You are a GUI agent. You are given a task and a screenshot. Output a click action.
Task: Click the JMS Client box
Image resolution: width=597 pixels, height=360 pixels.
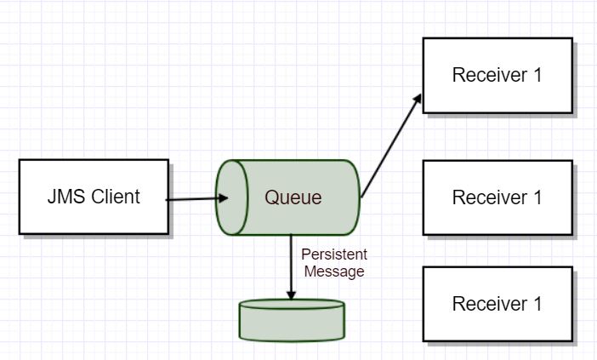pyautogui.click(x=94, y=197)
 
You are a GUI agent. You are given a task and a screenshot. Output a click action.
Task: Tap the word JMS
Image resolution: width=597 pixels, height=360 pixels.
pyautogui.click(x=65, y=197)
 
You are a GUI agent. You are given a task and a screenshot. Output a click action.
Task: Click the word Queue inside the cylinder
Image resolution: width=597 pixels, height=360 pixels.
pyautogui.click(x=293, y=197)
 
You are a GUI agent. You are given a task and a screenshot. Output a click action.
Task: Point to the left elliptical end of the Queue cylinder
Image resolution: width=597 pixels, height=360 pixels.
pyautogui.click(x=232, y=197)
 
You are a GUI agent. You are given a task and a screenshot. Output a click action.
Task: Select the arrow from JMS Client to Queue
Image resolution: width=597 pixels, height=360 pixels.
pyautogui.click(x=196, y=199)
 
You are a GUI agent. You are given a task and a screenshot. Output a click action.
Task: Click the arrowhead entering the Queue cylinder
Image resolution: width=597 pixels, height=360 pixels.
pyautogui.click(x=223, y=198)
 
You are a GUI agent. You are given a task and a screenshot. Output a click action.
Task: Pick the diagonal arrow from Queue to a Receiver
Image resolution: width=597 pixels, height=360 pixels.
pyautogui.click(x=391, y=146)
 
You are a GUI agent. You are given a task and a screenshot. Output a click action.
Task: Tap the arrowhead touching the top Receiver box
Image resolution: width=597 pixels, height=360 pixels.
pyautogui.click(x=418, y=99)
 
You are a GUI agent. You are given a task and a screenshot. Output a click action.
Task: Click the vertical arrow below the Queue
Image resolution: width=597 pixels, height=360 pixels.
pyautogui.click(x=291, y=267)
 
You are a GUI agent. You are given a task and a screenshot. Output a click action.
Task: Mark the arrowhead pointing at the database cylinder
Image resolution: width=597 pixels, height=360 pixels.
pyautogui.click(x=291, y=295)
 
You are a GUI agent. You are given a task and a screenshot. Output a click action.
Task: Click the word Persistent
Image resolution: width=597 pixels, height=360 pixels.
pyautogui.click(x=334, y=254)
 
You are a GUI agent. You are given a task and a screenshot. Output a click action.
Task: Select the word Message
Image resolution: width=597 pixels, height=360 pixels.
pyautogui.click(x=334, y=271)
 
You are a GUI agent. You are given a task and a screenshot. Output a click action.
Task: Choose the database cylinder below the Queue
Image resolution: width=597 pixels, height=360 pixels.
pyautogui.click(x=292, y=320)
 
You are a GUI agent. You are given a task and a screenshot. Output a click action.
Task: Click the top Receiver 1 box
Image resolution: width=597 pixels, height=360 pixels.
pyautogui.click(x=497, y=76)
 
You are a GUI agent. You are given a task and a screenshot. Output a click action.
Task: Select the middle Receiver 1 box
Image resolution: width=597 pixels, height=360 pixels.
pyautogui.click(x=497, y=197)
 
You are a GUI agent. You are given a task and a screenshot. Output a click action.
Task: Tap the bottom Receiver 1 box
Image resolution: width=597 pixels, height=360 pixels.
pyautogui.click(x=497, y=304)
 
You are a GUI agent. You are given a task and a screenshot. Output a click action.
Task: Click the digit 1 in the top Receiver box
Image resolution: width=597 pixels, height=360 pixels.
pyautogui.click(x=537, y=75)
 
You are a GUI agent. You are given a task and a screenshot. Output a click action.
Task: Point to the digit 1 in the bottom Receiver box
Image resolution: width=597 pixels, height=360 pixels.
pyautogui.click(x=537, y=304)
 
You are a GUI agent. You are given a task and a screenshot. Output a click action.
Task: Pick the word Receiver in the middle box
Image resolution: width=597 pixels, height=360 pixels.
pyautogui.click(x=490, y=197)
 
